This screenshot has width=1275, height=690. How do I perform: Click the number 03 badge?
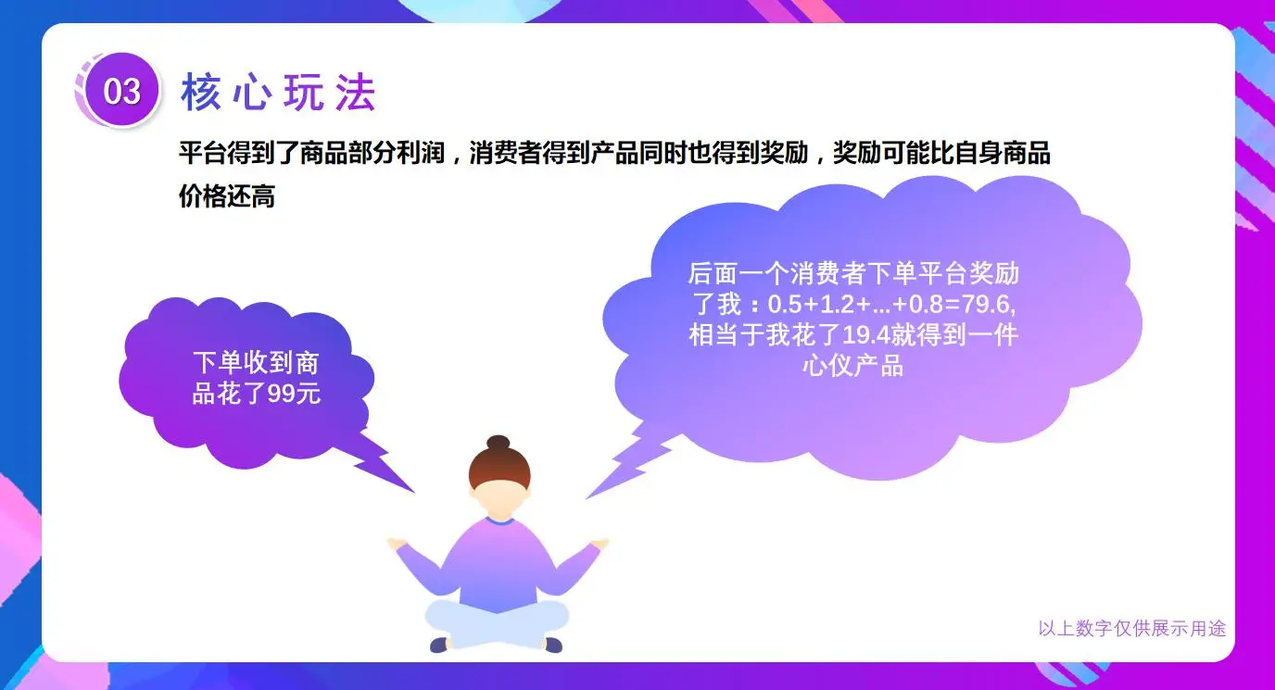(x=121, y=91)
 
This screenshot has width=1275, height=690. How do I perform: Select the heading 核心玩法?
(x=278, y=93)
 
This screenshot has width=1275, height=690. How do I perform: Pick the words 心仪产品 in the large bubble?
(x=852, y=365)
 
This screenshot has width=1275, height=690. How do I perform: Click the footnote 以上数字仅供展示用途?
(x=1131, y=629)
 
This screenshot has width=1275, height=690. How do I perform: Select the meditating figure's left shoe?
(x=439, y=645)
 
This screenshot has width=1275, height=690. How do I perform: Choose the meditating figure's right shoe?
(x=552, y=645)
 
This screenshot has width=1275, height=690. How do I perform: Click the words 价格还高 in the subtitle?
(x=226, y=196)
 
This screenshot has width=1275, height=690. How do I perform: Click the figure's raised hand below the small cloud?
(x=398, y=543)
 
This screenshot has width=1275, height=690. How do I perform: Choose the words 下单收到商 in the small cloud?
(x=256, y=362)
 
